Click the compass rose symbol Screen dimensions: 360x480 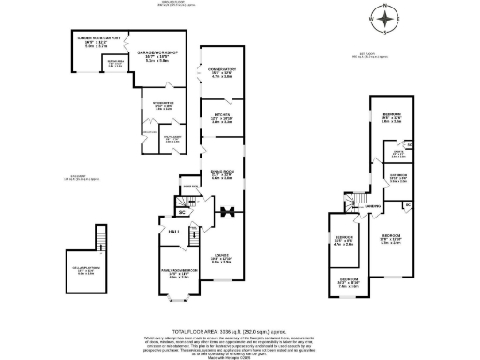[x=386, y=17]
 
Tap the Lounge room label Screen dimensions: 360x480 [x=221, y=258]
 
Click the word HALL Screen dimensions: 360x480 [x=174, y=232]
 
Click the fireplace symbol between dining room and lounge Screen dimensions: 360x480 [x=226, y=210]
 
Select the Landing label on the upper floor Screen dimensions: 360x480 [x=372, y=207]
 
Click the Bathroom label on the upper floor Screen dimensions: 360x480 [x=398, y=176]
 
